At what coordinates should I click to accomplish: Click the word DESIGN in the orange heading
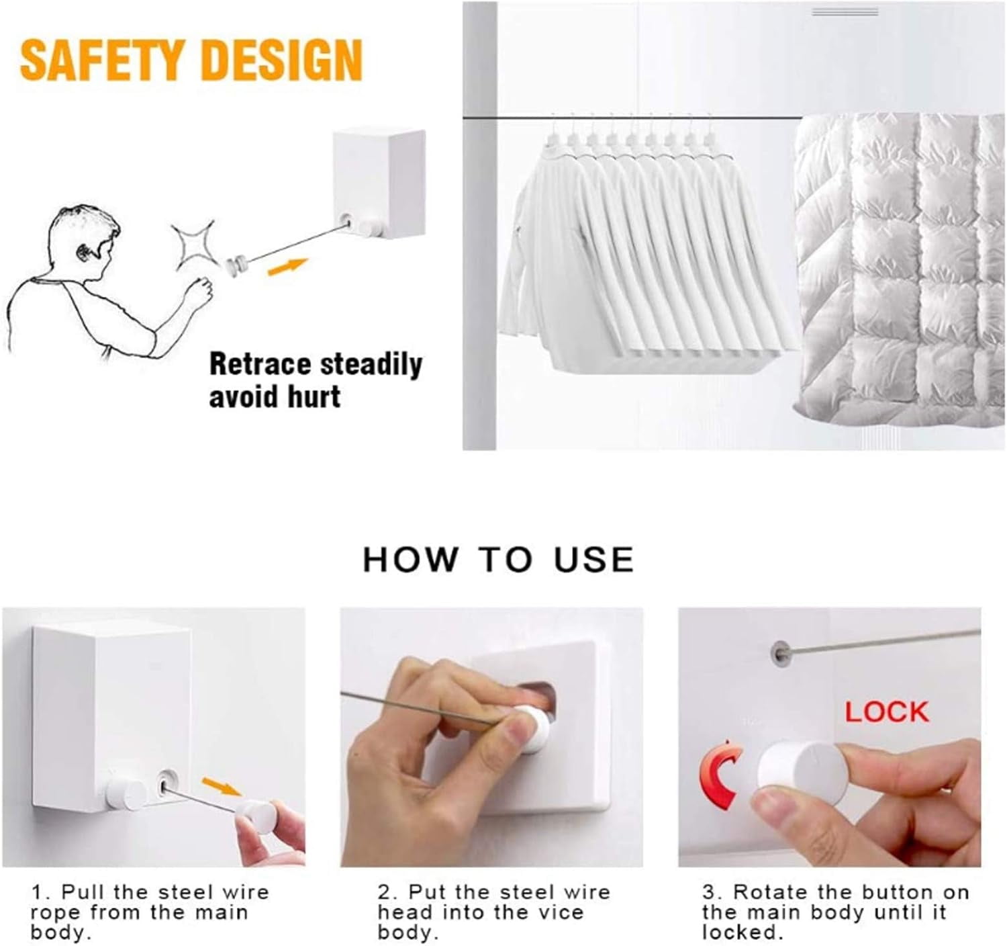(282, 61)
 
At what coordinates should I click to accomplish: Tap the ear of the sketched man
(83, 252)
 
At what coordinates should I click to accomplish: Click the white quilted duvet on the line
(900, 269)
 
